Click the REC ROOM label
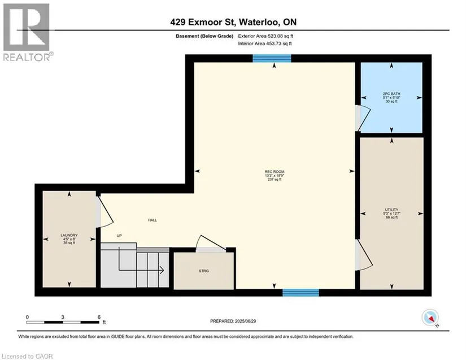point(275,172)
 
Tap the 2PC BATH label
point(391,94)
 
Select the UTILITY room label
point(391,210)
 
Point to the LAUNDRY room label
point(69,235)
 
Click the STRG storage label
point(204,271)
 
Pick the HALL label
point(153,220)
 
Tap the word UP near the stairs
point(119,236)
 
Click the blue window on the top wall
point(272,58)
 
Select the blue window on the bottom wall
point(300,293)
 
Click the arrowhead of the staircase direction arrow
point(162,270)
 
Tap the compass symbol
point(430,318)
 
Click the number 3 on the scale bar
point(63,317)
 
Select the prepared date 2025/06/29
point(245,322)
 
